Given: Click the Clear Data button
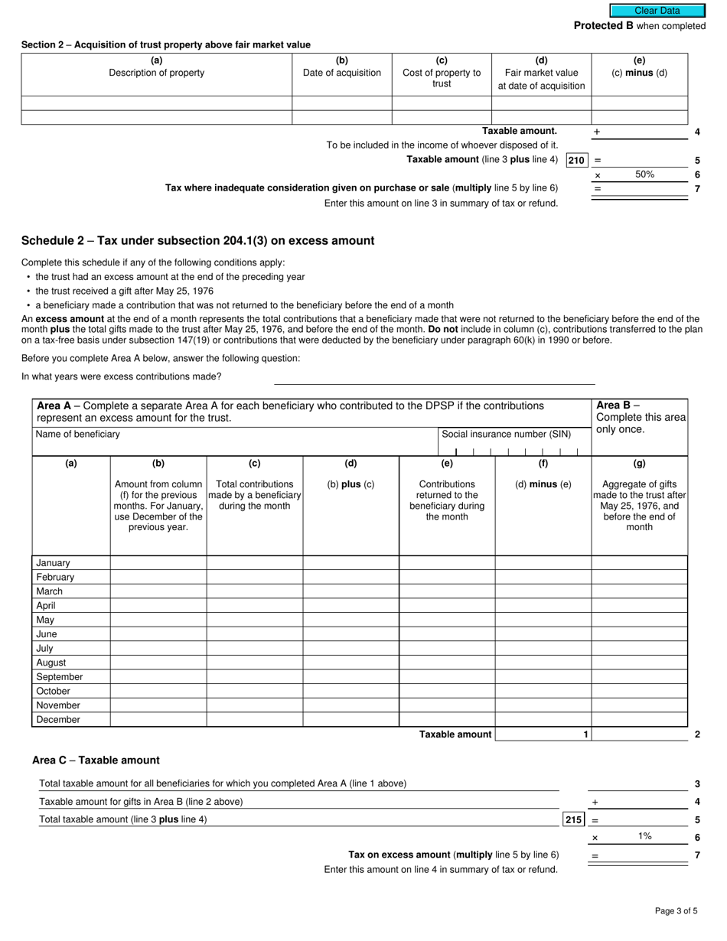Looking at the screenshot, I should click(x=657, y=11).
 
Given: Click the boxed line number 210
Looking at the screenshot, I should click(x=576, y=161).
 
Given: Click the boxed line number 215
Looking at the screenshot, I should click(x=573, y=819).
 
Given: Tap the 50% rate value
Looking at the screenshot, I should click(x=644, y=174).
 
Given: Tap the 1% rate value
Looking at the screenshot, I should click(x=644, y=836).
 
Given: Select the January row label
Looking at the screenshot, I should click(x=53, y=563).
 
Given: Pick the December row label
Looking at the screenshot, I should click(x=57, y=720).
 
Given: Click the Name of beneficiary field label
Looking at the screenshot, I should click(x=78, y=435).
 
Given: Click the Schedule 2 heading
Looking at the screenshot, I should click(x=197, y=241).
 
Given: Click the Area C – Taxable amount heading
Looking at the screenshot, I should click(x=96, y=760).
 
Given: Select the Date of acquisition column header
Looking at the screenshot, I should click(x=342, y=73).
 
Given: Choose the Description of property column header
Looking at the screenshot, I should click(x=156, y=73).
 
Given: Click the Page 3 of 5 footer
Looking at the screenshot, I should click(x=676, y=910).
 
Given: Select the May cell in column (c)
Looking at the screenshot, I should click(x=254, y=620).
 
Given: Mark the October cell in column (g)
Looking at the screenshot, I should click(x=639, y=691).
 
